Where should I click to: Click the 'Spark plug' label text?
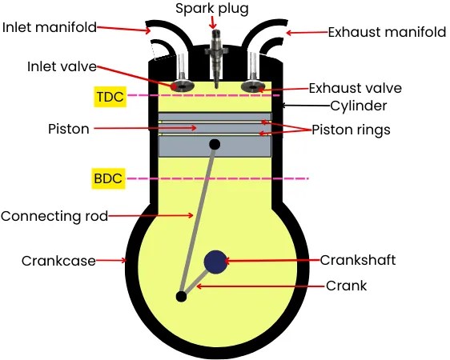click(213, 9)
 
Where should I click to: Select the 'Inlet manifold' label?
click(50, 27)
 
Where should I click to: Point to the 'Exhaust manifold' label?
click(387, 33)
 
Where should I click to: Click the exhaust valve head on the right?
click(254, 85)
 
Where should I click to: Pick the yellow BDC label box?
click(108, 178)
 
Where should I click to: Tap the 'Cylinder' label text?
click(359, 106)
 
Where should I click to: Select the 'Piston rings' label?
click(351, 130)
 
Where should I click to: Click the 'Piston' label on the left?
click(68, 128)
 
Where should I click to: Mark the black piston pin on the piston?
click(215, 144)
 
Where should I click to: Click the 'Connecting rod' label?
click(54, 216)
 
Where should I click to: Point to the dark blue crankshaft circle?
click(215, 261)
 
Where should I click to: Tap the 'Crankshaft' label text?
click(358, 260)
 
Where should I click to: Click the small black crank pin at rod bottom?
click(182, 297)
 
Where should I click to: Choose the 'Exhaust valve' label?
click(355, 88)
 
